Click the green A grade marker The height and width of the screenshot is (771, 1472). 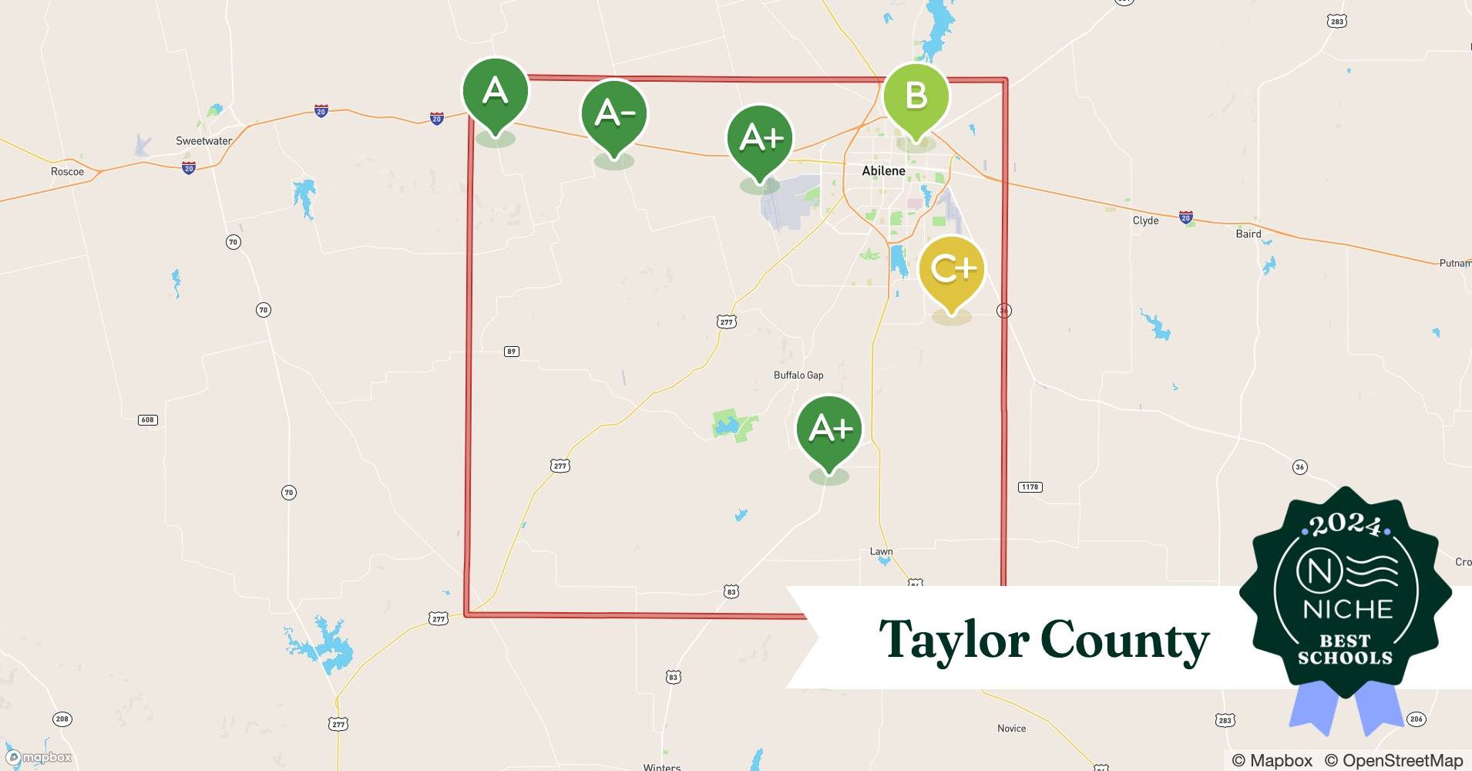495,93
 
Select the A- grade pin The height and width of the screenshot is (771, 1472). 614,114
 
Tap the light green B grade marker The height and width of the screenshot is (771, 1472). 916,96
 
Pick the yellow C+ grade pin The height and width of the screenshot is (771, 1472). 952,269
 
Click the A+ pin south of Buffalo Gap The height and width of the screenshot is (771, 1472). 829,429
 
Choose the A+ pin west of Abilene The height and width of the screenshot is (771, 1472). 760,138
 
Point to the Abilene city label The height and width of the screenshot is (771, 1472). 883,171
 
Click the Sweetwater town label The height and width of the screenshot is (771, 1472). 203,141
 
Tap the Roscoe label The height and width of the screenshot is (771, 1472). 67,171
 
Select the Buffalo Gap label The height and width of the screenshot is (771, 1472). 798,375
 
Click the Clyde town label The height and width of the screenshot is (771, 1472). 1145,221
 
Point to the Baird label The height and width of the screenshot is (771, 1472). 1249,234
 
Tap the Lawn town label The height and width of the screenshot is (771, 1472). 881,552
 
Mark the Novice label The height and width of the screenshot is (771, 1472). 1011,729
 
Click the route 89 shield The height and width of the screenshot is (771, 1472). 511,352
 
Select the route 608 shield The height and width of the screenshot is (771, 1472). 147,420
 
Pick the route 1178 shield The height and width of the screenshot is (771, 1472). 1030,487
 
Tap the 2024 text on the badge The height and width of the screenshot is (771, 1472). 1345,525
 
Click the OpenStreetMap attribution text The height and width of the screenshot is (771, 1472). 1393,761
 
